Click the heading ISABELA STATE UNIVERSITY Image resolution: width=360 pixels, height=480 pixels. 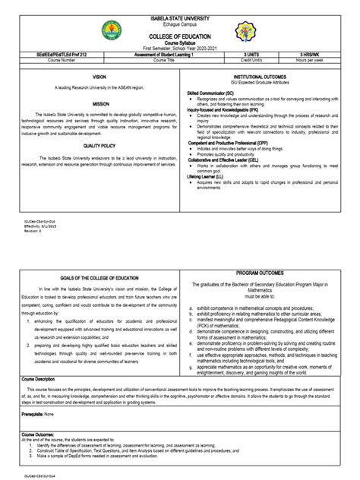[x=180, y=17]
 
